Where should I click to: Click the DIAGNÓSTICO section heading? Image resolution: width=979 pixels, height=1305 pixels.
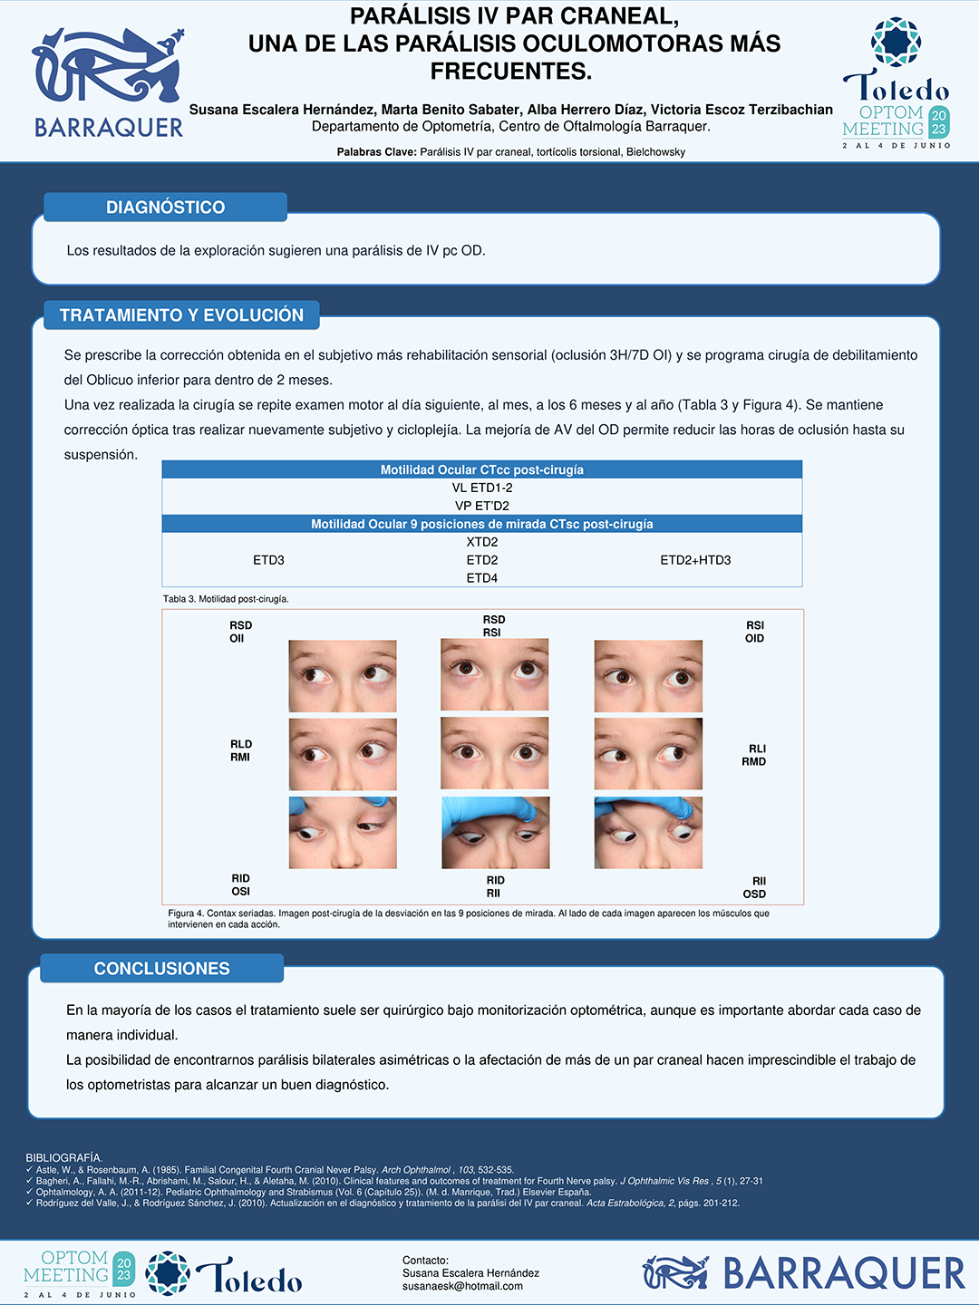point(165,207)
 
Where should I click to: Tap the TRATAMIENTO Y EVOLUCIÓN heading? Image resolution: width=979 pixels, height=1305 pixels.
point(181,314)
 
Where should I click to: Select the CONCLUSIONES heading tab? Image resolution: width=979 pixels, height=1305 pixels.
point(161,969)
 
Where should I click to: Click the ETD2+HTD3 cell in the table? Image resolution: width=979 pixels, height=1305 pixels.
point(695,560)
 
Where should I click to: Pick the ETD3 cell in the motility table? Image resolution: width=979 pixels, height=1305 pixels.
point(268,560)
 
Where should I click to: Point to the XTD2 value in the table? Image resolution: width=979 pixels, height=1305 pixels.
point(482,542)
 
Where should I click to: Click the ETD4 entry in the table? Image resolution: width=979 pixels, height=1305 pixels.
point(482,578)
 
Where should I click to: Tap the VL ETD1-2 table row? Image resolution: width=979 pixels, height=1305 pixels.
point(482,488)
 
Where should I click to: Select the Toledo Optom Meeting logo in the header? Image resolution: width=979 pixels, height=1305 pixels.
point(897,83)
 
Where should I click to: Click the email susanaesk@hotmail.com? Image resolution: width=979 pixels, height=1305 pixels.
point(462,1286)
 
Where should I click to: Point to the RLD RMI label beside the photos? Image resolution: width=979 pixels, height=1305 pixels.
point(241,750)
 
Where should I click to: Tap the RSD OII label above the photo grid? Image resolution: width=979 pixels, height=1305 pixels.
point(241,632)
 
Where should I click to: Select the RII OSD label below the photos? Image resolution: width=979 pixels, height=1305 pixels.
point(754,887)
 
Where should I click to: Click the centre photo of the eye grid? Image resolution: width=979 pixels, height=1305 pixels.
point(495,753)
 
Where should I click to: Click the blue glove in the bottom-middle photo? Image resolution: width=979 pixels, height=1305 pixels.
point(490,813)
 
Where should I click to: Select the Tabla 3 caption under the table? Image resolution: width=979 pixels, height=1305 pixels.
point(226,599)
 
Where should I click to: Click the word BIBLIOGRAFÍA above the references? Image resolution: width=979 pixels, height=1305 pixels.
point(64,1158)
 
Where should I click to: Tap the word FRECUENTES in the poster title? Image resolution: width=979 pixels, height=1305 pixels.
point(511,72)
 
